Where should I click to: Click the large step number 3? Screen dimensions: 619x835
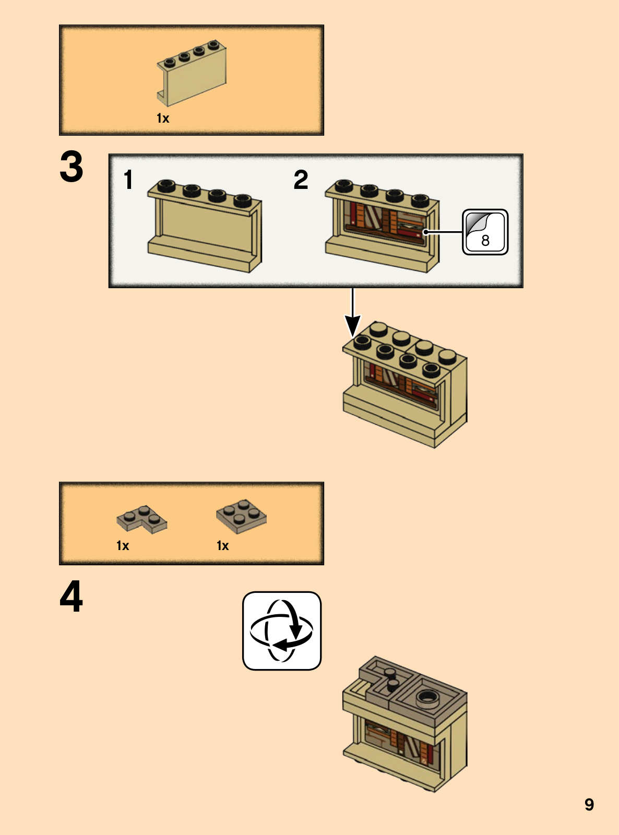tap(71, 166)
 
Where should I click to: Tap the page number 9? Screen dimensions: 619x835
tap(589, 805)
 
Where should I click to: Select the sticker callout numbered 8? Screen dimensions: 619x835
tap(485, 232)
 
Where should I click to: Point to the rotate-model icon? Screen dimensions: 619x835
tap(282, 630)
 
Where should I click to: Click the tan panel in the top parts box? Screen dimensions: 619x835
tap(192, 73)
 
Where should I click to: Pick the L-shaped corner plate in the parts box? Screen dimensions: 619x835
tap(141, 519)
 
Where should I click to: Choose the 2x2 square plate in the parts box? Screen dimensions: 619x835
tap(241, 516)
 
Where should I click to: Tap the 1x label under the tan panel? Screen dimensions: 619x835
tap(163, 118)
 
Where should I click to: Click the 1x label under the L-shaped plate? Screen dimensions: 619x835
tap(123, 545)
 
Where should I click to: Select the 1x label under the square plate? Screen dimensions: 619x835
tap(222, 545)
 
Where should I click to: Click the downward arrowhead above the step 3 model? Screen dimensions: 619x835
tap(352, 326)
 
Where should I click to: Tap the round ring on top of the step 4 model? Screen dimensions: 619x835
tap(428, 697)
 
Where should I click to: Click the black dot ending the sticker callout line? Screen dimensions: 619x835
tap(425, 232)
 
